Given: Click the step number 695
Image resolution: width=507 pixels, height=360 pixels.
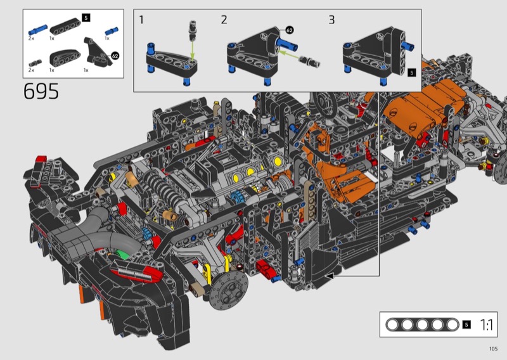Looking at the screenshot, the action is (41, 91).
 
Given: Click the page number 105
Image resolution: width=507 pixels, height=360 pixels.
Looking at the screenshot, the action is (493, 349).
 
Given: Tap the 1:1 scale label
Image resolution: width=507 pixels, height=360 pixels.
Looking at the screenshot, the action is (486, 325).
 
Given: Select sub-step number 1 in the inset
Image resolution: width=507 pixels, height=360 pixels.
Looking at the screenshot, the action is (141, 20).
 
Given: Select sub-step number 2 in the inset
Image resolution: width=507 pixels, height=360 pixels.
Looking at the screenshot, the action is (224, 20).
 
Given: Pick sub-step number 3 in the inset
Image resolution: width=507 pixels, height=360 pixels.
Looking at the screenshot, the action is (331, 20).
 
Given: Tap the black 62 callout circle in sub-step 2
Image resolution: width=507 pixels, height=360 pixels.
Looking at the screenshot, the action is (290, 30).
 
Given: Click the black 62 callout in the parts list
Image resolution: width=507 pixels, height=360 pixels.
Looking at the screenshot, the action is (115, 56).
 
